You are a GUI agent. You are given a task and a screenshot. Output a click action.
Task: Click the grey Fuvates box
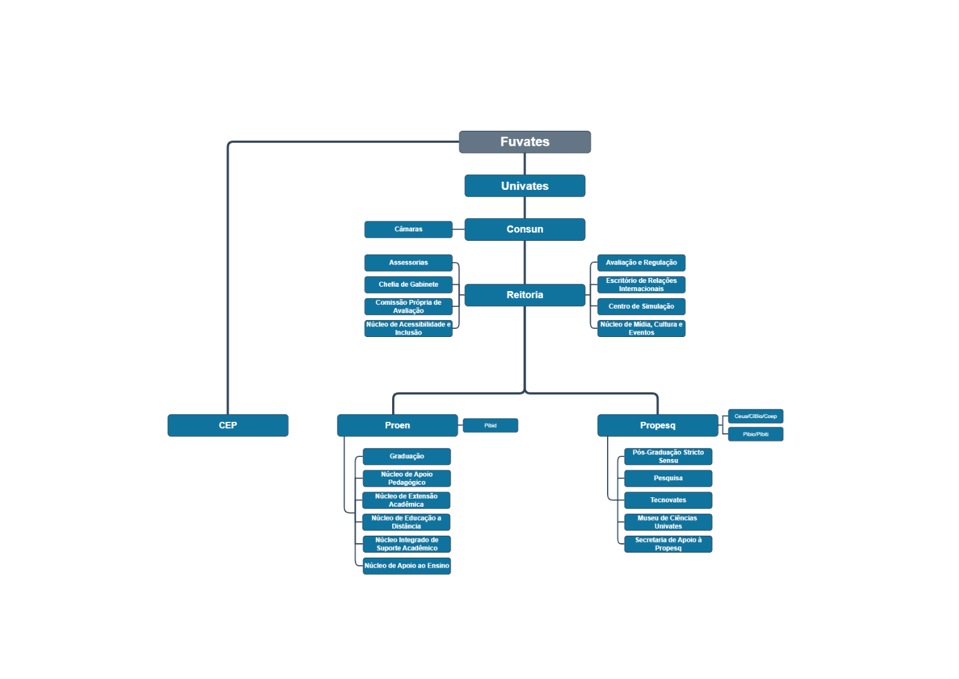tap(525, 142)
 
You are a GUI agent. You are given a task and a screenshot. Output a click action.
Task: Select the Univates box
tap(525, 185)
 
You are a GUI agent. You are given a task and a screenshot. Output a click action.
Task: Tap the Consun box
tap(525, 229)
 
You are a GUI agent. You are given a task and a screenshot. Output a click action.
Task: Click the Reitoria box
tap(525, 295)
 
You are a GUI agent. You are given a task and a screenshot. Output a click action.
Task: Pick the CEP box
tap(227, 425)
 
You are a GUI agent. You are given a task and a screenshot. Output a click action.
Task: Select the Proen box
tap(397, 425)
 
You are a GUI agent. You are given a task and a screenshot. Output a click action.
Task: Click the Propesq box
tap(657, 425)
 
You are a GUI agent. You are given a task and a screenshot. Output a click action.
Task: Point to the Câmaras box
tap(408, 229)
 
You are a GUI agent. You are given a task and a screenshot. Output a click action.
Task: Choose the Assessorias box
tap(408, 263)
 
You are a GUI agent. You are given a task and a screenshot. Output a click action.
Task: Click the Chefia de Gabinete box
tap(408, 284)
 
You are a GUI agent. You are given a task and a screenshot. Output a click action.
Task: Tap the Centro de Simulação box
tap(642, 306)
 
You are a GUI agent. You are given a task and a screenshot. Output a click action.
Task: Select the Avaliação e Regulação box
tap(642, 263)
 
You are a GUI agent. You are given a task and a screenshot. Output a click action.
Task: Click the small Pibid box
tap(490, 426)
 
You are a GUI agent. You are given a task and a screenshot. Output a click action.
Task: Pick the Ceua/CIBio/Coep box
tap(755, 416)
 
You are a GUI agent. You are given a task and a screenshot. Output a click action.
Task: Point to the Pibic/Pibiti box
tap(755, 434)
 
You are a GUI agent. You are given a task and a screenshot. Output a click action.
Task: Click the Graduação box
tap(407, 456)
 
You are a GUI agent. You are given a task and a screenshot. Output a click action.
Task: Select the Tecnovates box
tap(668, 500)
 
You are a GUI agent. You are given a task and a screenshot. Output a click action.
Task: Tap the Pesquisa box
tap(668, 478)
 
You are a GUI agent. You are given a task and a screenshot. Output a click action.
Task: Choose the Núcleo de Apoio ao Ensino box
tap(407, 566)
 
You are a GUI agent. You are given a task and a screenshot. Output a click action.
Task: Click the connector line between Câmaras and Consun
tap(459, 229)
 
